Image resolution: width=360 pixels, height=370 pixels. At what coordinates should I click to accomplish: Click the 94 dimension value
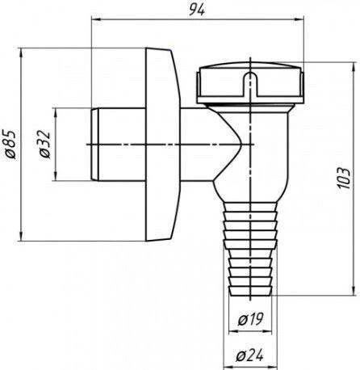coord(197,10)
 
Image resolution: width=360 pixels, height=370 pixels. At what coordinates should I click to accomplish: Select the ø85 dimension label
coord(10,145)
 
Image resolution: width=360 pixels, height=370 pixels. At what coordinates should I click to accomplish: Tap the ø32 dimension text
coord(44,145)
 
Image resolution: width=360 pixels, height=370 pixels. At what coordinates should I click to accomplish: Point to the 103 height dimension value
coord(344,179)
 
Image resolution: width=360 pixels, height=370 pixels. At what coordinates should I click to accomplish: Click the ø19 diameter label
coord(250,319)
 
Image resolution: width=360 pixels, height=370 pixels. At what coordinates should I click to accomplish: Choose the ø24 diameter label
coord(249,355)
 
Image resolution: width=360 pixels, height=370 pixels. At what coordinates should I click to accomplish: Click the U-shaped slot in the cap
coord(251,83)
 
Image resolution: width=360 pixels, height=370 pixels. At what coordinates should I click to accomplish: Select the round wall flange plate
coord(162,145)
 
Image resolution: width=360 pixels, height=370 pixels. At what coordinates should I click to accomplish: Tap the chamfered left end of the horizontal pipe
coord(94,145)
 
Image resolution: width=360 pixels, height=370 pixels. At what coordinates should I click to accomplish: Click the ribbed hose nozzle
coord(250,248)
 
